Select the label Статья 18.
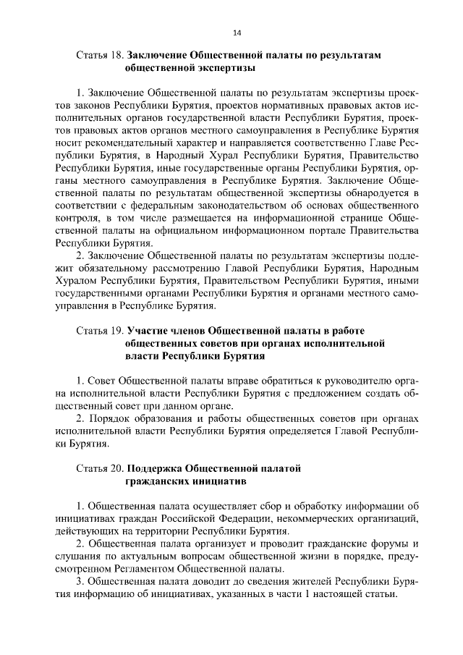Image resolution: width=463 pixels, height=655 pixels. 100,55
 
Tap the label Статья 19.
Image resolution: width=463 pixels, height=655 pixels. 100,330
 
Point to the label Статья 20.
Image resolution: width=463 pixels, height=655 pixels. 100,468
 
